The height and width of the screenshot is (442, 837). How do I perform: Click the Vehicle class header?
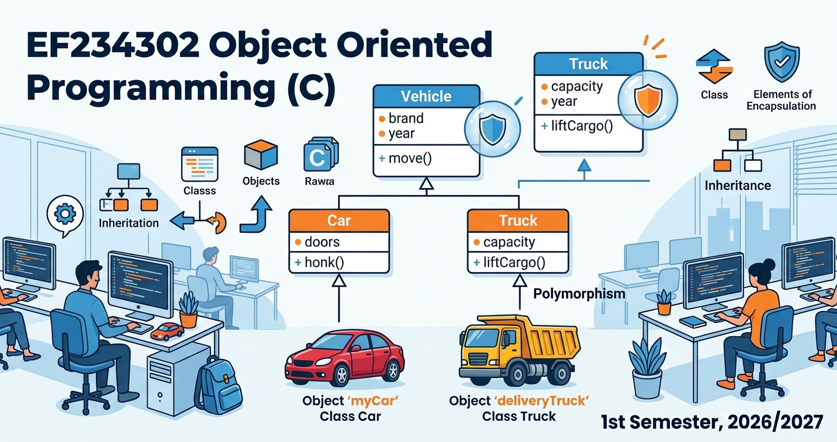(426, 96)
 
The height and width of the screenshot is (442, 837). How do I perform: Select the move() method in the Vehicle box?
(406, 159)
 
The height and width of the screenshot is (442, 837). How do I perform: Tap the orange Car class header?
(339, 220)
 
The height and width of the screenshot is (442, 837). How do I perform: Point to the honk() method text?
(320, 262)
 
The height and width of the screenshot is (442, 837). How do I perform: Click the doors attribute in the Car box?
(317, 242)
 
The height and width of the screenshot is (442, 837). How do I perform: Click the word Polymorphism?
(579, 294)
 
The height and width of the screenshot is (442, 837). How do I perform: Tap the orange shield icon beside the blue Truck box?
(648, 100)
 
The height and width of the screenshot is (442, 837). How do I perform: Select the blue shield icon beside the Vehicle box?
(493, 129)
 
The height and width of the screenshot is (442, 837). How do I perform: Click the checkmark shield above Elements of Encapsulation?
(782, 62)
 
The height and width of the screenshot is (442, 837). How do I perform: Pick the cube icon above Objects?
(261, 155)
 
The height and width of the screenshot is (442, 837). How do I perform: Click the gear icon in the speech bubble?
(65, 214)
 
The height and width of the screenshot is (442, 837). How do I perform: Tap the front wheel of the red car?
(342, 374)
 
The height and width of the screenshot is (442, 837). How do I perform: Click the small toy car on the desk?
(168, 331)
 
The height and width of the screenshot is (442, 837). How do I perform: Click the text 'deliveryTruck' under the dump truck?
(541, 401)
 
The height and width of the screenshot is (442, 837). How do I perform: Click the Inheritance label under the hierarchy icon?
(738, 186)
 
